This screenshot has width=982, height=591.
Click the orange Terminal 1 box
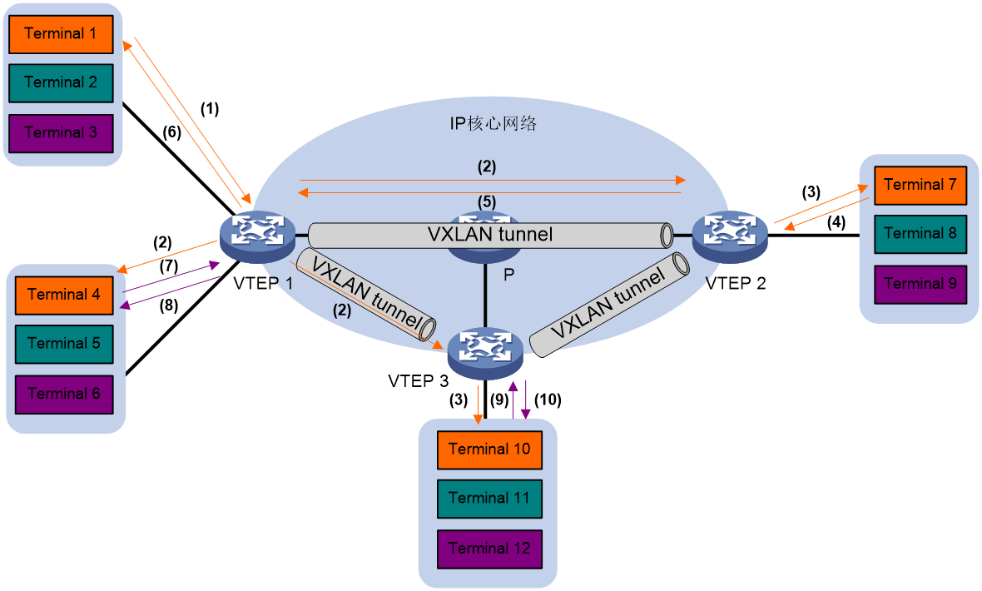(61, 34)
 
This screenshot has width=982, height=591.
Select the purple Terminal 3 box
(61, 133)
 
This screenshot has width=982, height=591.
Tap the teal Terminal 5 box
(64, 344)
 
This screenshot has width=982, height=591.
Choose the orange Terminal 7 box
(920, 186)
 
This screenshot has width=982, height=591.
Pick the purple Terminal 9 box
(920, 285)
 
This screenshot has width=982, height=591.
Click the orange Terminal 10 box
(489, 450)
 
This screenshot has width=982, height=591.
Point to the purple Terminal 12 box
(489, 549)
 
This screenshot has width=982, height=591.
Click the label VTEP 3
(419, 381)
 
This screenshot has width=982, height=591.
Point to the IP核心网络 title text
(493, 123)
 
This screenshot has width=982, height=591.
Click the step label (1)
(210, 109)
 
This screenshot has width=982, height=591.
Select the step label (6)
(171, 132)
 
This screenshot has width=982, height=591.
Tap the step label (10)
(548, 400)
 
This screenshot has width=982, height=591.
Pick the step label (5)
(487, 201)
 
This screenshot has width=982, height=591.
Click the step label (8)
(168, 305)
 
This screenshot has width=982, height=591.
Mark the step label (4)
(836, 222)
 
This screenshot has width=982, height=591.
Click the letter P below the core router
(509, 275)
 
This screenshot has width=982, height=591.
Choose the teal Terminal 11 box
(489, 499)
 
